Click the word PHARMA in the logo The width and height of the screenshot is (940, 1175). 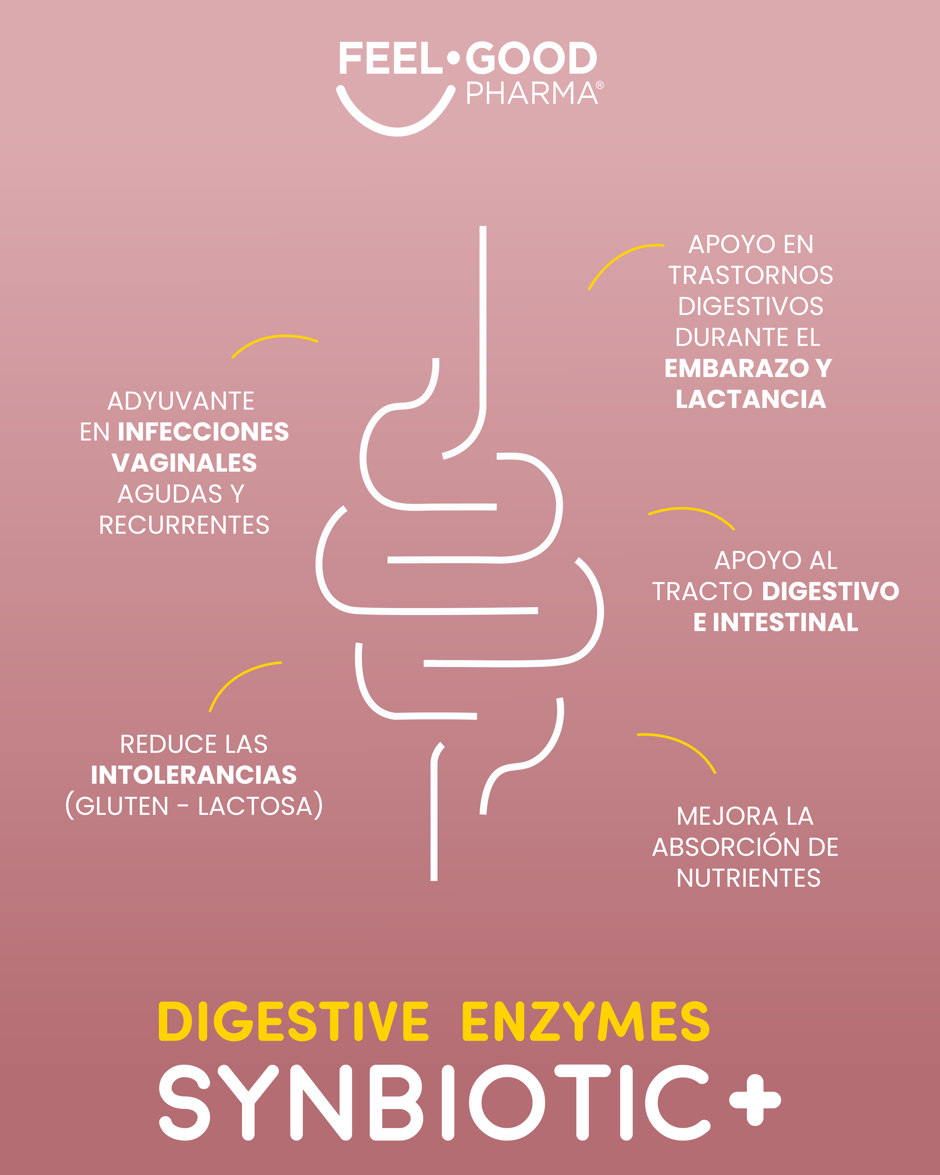click(x=531, y=94)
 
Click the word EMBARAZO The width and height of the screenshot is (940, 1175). click(x=737, y=368)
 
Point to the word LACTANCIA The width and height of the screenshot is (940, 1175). click(x=750, y=399)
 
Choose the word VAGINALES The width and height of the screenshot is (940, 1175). click(x=184, y=463)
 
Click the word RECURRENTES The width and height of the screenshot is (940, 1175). click(x=184, y=525)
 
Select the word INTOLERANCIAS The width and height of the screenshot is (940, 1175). click(x=193, y=775)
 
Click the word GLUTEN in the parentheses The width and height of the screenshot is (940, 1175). click(x=122, y=807)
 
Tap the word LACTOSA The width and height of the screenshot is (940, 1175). click(x=255, y=807)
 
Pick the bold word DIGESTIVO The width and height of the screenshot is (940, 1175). click(x=830, y=591)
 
